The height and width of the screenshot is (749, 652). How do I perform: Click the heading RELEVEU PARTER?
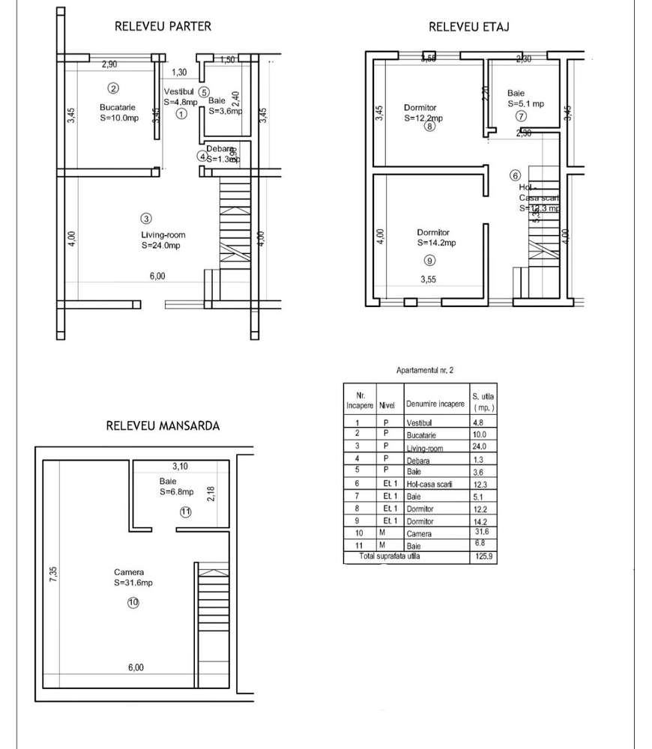(163, 26)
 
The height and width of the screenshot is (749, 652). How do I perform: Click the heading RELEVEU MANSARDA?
(163, 425)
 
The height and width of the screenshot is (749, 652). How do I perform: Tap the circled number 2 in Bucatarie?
(113, 88)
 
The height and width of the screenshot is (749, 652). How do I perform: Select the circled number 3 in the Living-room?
(146, 219)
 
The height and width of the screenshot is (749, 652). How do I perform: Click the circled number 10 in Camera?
(133, 601)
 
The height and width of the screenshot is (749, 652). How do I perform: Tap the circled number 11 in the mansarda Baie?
(186, 512)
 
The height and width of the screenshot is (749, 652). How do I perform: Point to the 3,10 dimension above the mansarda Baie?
(180, 465)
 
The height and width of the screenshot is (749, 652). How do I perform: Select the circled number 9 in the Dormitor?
(429, 261)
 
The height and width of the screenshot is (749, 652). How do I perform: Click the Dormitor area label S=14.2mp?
(436, 243)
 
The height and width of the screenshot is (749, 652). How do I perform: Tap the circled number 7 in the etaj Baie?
(521, 116)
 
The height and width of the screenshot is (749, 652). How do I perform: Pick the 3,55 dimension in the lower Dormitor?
(427, 280)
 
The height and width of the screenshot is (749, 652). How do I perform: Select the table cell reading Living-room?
(423, 449)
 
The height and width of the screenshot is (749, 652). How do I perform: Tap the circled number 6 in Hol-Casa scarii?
(515, 175)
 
